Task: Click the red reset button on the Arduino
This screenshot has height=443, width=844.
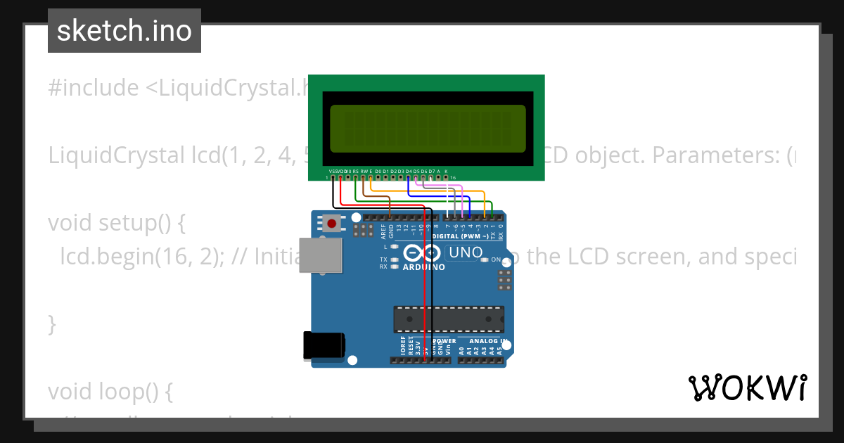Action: pos(331,224)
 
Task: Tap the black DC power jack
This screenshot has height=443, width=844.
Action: pos(324,345)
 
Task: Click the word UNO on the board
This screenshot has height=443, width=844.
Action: pos(466,252)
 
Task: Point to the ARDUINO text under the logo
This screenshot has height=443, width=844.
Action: pos(423,267)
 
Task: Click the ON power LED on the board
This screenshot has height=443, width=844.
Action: pos(484,260)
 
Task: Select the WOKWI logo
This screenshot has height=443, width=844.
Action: pos(747,387)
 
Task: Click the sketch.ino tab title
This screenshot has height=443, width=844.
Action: pos(124,31)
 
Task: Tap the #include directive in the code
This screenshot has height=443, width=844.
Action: pos(94,88)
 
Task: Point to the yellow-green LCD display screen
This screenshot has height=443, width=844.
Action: pos(428,129)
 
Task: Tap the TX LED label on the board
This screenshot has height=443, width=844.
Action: pos(384,259)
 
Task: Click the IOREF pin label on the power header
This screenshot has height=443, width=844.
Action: pos(403,345)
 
